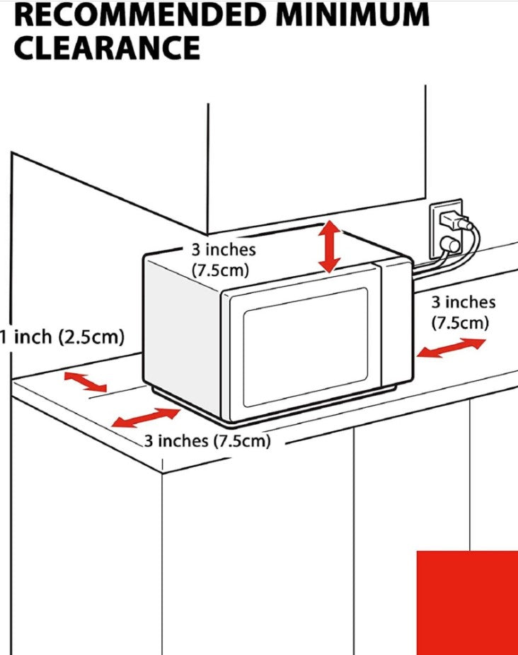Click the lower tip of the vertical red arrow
tap(329, 273)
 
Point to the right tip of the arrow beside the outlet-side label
tap(486, 341)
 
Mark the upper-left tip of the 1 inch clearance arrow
tap(64, 374)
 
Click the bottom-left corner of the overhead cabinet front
tap(207, 234)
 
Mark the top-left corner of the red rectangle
tap(417, 552)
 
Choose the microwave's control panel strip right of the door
tap(396, 324)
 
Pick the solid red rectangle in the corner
tap(468, 603)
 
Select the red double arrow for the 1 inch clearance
tap(86, 382)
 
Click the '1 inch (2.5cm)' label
tap(62, 336)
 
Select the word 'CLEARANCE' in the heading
tap(108, 47)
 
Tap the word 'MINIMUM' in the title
tap(352, 15)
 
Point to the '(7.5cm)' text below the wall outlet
tap(459, 323)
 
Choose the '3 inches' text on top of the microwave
tap(224, 250)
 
